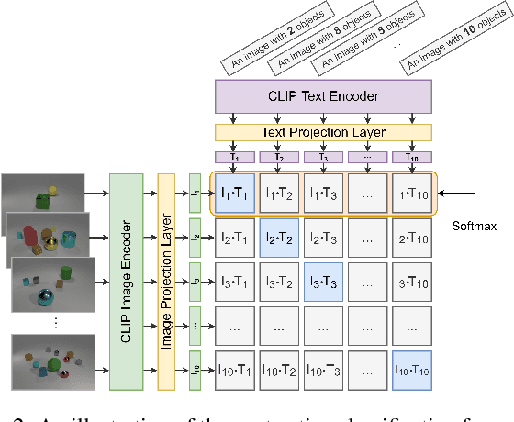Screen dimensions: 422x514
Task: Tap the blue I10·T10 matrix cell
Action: click(x=410, y=370)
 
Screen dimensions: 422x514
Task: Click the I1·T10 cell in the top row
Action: click(x=410, y=193)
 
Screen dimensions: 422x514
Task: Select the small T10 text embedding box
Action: click(x=410, y=156)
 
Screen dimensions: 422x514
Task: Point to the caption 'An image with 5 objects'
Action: click(x=362, y=40)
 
